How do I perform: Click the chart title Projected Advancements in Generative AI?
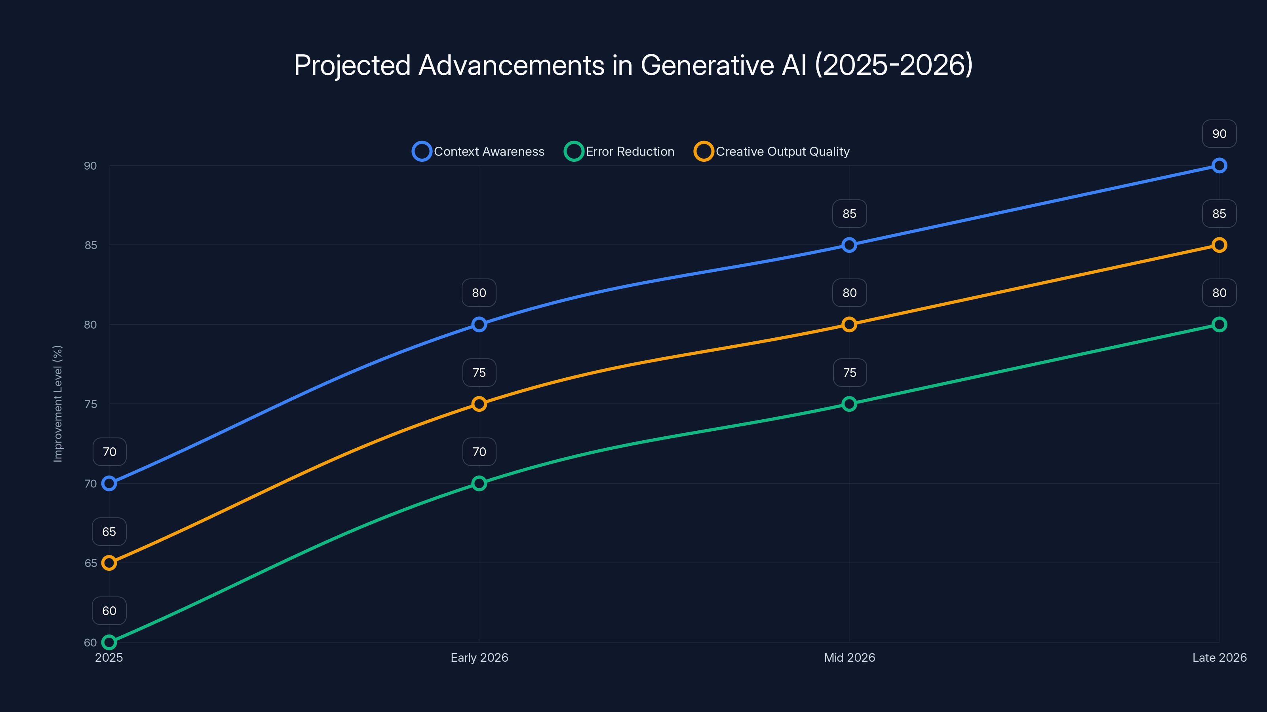point(633,65)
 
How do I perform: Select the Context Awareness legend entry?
point(479,151)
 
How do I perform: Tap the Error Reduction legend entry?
point(619,151)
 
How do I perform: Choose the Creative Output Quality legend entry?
point(772,151)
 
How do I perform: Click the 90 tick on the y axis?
point(91,166)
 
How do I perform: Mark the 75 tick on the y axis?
point(91,404)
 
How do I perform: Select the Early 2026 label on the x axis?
point(479,657)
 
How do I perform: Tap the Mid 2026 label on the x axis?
point(849,657)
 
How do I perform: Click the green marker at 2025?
point(109,642)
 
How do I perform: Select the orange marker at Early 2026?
point(479,404)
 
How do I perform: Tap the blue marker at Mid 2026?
point(849,245)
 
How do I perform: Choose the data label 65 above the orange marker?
point(109,532)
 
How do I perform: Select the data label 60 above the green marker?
point(109,611)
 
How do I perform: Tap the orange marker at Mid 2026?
point(849,324)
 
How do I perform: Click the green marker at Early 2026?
point(479,483)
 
